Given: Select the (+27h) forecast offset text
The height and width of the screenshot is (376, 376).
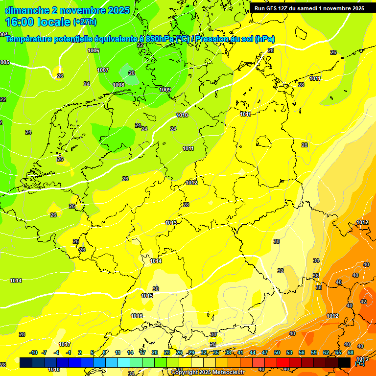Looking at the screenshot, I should [84, 22].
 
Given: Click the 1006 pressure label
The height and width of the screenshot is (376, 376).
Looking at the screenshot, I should [94, 51].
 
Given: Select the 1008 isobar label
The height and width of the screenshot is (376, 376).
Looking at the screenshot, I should [118, 85].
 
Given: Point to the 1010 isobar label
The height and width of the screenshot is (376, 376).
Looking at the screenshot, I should [182, 115].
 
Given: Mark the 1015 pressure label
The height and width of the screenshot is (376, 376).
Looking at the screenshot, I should [147, 296].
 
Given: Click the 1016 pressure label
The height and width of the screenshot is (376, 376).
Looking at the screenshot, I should [137, 316].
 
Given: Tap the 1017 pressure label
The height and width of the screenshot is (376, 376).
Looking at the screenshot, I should [65, 344].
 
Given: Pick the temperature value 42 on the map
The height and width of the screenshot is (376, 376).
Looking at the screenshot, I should [363, 302].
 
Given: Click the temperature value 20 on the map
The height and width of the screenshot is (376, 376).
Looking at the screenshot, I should [131, 73].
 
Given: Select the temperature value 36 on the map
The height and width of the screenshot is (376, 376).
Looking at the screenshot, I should [316, 276].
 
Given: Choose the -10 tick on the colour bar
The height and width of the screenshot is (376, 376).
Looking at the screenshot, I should [33, 352].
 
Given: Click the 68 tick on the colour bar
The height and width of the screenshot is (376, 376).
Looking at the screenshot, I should [351, 352].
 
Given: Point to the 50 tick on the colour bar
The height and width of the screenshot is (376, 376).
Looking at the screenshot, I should [277, 352].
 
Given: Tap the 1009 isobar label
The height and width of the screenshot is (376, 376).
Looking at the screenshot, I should [165, 90].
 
